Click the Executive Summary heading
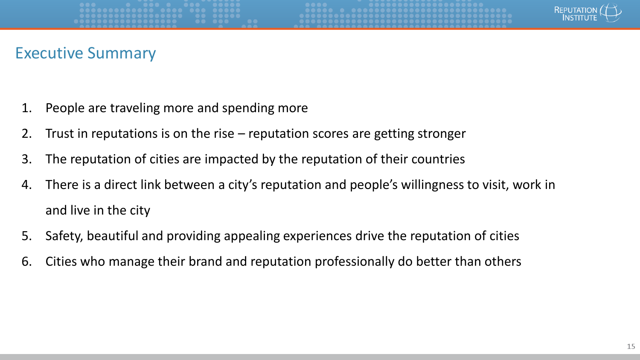coord(85,53)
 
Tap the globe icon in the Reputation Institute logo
coord(610,12)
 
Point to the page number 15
coord(631,347)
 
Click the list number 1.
coord(26,108)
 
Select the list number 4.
coord(26,185)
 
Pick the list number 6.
coord(26,261)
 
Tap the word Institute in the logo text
coord(580,18)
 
